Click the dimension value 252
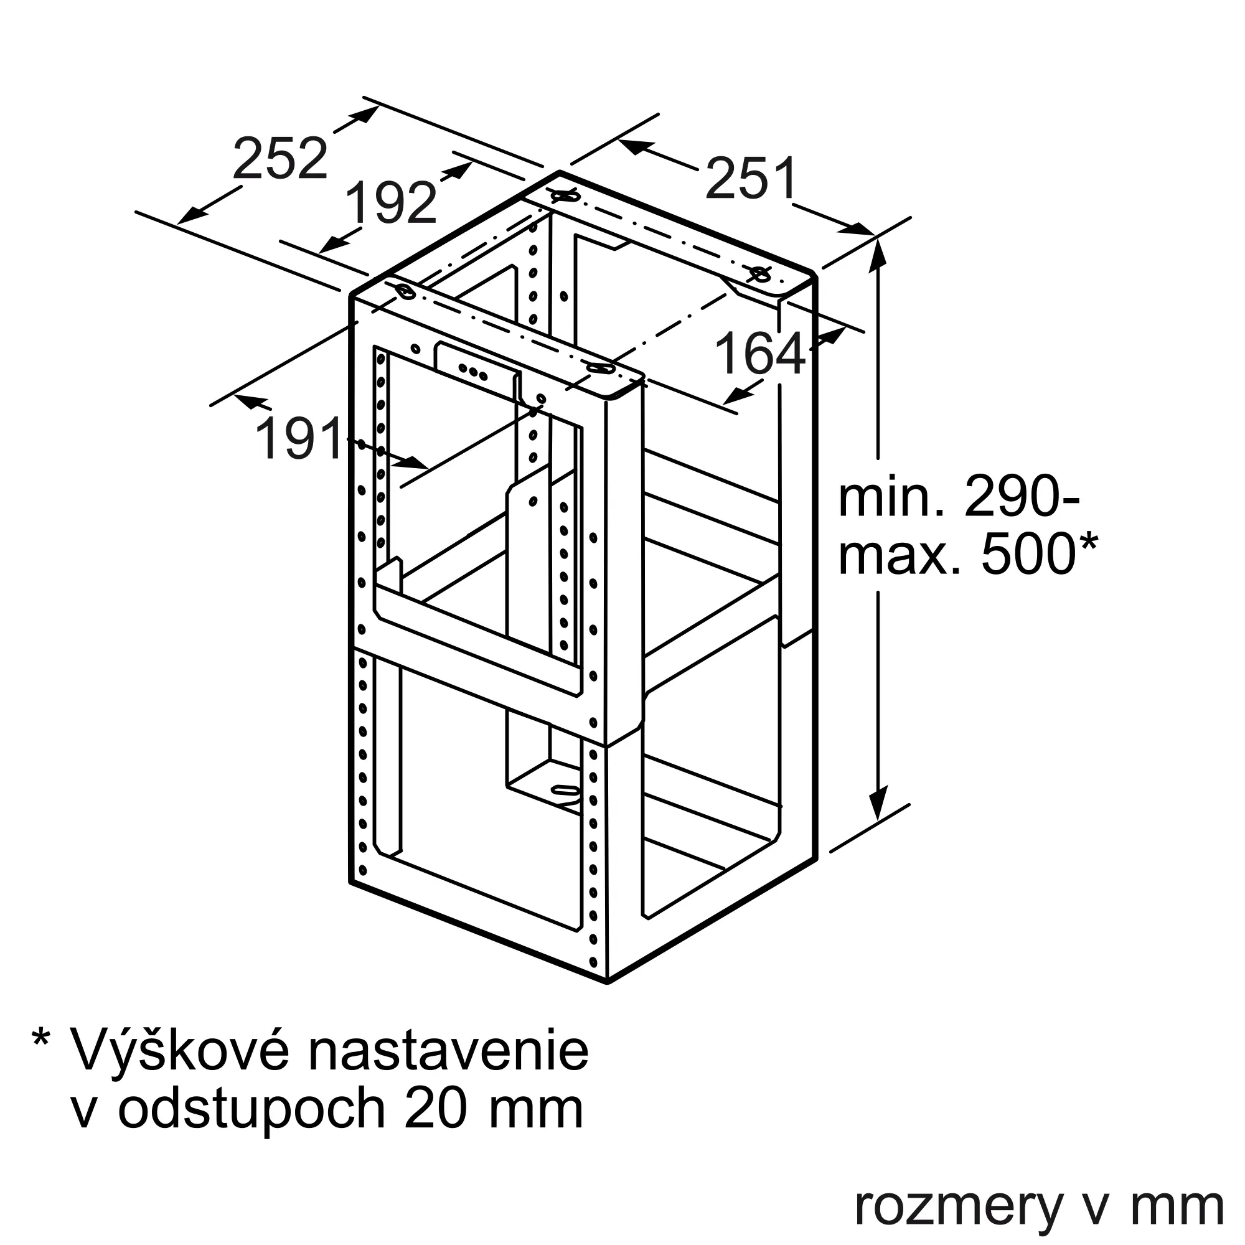[280, 158]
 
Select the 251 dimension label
[751, 179]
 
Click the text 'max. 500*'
[967, 553]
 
